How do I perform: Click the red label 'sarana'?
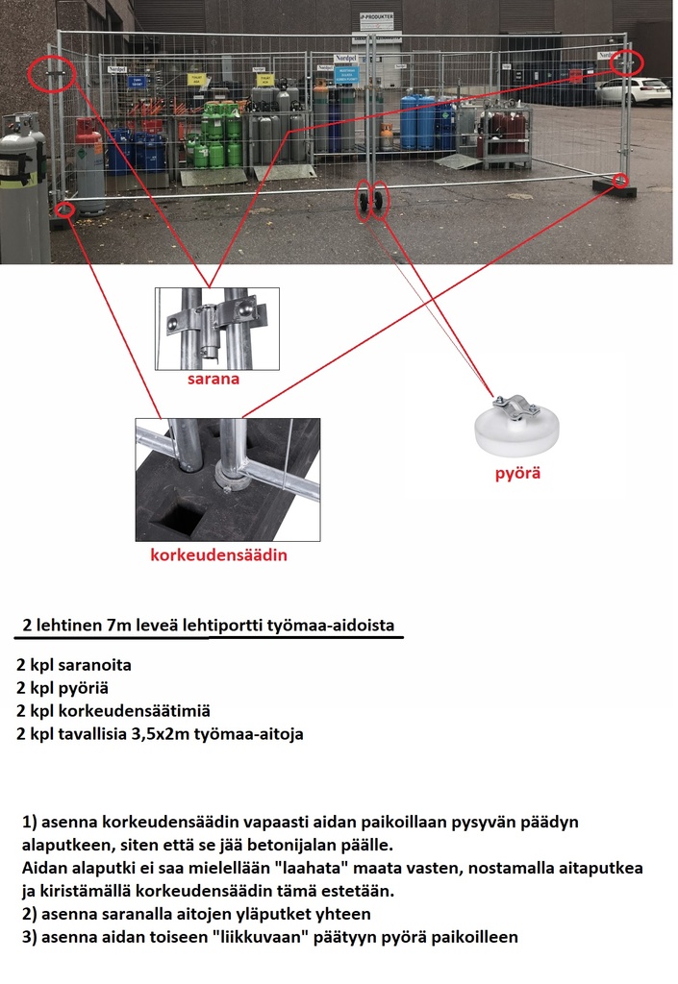click(x=216, y=380)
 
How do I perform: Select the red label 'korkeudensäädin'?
click(x=219, y=555)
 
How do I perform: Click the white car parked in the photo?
click(x=633, y=90)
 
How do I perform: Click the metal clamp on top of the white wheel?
click(x=516, y=404)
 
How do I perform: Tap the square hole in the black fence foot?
click(x=176, y=517)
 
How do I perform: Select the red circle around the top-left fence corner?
click(x=54, y=73)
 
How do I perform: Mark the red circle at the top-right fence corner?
click(x=626, y=61)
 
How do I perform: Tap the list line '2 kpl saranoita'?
click(x=74, y=665)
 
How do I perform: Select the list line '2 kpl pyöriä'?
click(x=63, y=688)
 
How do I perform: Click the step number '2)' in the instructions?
click(x=30, y=914)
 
